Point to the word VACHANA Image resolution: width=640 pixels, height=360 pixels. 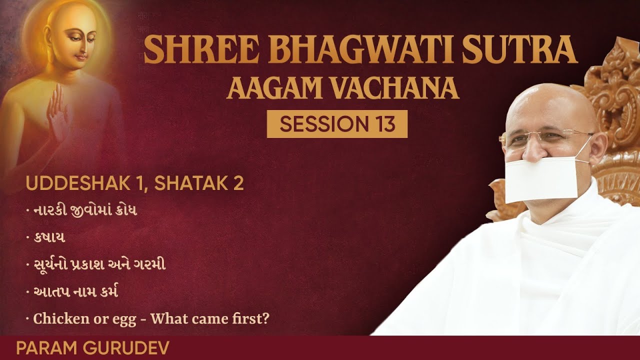[x=394, y=88]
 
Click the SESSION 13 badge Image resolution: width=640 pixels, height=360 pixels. [x=337, y=124]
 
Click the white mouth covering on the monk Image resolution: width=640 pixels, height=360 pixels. [x=541, y=179]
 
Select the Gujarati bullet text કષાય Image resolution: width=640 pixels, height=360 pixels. [x=49, y=237]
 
